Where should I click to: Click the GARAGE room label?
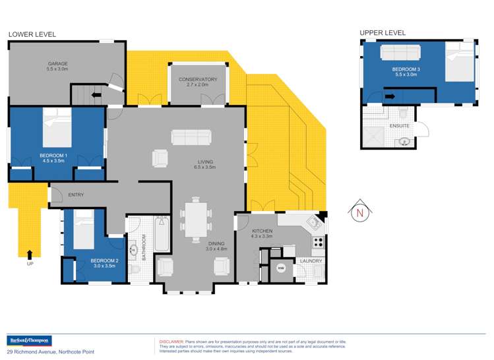tap(57, 64)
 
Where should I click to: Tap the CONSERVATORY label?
tap(197, 80)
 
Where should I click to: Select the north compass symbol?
tap(360, 212)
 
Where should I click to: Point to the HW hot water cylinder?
tap(280, 268)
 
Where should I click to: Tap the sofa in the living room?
tap(191, 136)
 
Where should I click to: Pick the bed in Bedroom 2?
tap(84, 229)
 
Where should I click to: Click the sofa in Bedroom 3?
tap(401, 52)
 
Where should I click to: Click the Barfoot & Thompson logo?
tap(28, 341)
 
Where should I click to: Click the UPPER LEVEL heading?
tap(383, 32)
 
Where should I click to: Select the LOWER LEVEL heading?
tap(32, 34)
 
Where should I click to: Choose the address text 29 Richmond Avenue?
tap(33, 352)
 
